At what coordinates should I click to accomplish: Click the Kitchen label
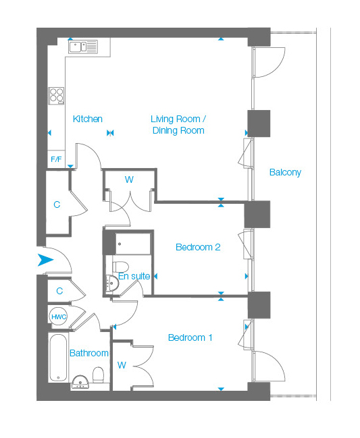click(88, 119)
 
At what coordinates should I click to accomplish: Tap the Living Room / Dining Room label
click(178, 125)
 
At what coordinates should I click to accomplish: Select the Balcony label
click(285, 172)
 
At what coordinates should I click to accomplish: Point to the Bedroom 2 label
click(198, 247)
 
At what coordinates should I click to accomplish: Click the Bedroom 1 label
click(190, 337)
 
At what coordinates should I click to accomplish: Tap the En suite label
click(134, 276)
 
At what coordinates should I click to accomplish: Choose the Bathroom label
click(89, 353)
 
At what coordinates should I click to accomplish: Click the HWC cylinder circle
click(59, 317)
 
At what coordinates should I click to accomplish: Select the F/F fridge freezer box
click(56, 159)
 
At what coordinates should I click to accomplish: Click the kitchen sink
click(83, 47)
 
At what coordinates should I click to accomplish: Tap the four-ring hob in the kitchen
click(57, 96)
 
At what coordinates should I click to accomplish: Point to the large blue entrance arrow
click(45, 260)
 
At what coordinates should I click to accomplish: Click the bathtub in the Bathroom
click(58, 358)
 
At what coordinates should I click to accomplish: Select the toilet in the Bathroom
click(98, 375)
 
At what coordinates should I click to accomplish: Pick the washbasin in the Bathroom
click(80, 382)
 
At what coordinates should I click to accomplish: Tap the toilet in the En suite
click(120, 267)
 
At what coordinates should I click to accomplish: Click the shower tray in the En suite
click(133, 244)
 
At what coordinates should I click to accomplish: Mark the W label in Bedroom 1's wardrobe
click(122, 365)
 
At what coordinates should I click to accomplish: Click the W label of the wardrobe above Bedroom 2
click(129, 180)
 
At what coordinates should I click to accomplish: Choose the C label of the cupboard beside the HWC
click(59, 291)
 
